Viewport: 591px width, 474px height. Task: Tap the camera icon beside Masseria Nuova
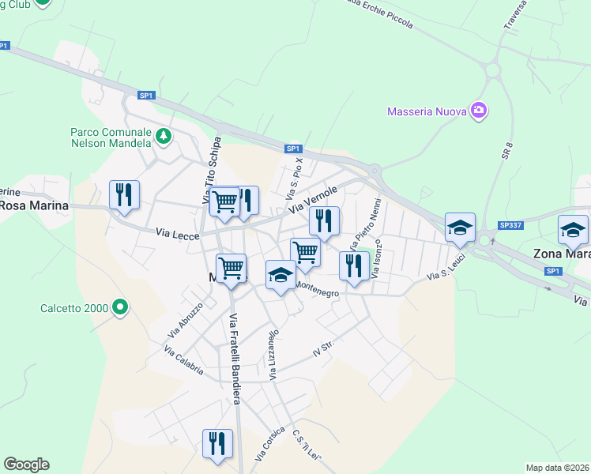pyautogui.click(x=478, y=111)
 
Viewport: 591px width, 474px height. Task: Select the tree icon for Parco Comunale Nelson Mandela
pyautogui.click(x=164, y=137)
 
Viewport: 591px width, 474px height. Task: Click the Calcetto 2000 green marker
pyautogui.click(x=120, y=307)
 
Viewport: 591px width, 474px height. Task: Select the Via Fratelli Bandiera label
pyautogui.click(x=235, y=359)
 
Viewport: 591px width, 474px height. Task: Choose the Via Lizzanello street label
pyautogui.click(x=273, y=355)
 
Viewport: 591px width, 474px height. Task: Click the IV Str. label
pyautogui.click(x=324, y=349)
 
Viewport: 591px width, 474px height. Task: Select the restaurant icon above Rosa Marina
pyautogui.click(x=124, y=194)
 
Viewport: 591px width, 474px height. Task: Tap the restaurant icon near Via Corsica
pyautogui.click(x=217, y=443)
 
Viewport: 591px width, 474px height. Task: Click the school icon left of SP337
pyautogui.click(x=459, y=228)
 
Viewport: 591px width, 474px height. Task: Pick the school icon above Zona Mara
pyautogui.click(x=573, y=230)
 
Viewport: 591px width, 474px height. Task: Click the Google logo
pyautogui.click(x=26, y=465)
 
